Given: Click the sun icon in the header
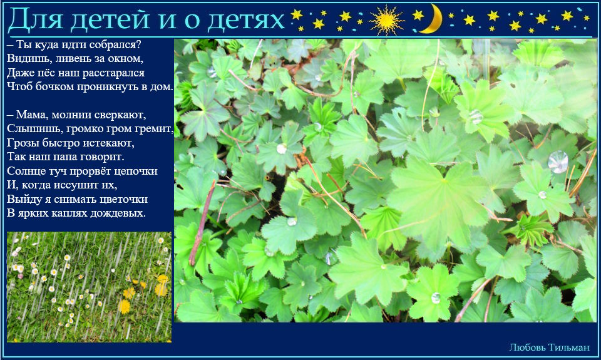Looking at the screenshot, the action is click(x=386, y=20).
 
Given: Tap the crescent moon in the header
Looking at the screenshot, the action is click(x=432, y=19).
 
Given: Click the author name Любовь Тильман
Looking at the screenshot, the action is click(x=549, y=347).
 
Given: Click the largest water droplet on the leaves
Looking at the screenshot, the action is click(x=558, y=162).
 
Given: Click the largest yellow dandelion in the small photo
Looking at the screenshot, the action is click(x=124, y=306).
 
